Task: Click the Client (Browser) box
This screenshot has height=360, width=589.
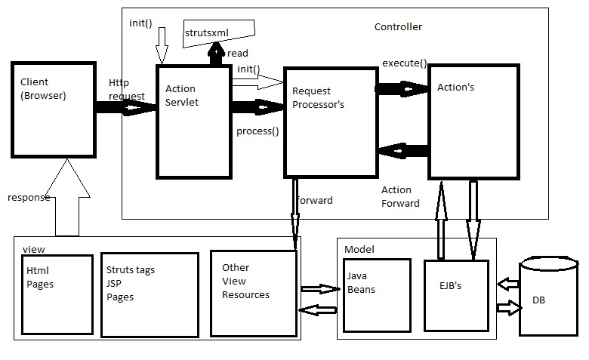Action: pyautogui.click(x=54, y=109)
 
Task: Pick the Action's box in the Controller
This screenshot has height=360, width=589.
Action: pyautogui.click(x=473, y=122)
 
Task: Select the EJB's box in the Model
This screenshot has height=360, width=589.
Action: pyautogui.click(x=456, y=295)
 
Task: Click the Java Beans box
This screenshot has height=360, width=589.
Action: pyautogui.click(x=377, y=295)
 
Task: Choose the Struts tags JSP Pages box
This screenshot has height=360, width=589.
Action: pyautogui.click(x=150, y=295)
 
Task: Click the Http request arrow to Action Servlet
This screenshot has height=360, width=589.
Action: pyautogui.click(x=125, y=109)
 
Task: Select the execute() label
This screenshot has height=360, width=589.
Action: pyautogui.click(x=404, y=63)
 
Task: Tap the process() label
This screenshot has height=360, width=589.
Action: pyautogui.click(x=257, y=131)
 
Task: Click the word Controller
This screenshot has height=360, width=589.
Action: pyautogui.click(x=398, y=27)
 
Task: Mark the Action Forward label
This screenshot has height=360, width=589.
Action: pyautogui.click(x=400, y=196)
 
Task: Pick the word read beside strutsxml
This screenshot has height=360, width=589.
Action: pyautogui.click(x=237, y=54)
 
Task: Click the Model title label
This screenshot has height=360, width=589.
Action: pyautogui.click(x=359, y=249)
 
